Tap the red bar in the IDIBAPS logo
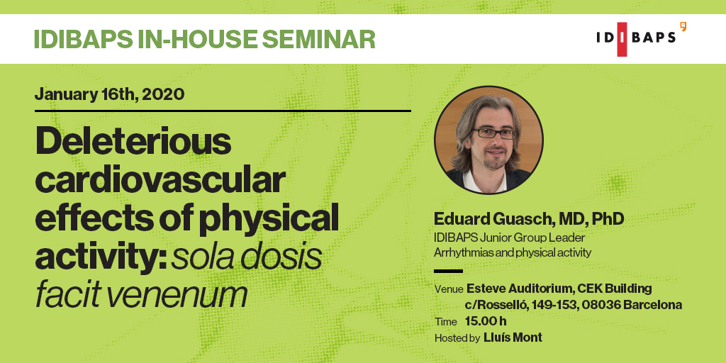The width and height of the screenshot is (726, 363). pyautogui.click(x=622, y=40)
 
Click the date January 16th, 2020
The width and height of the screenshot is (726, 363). pyautogui.click(x=109, y=94)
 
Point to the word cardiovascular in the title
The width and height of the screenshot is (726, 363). pyautogui.click(x=160, y=181)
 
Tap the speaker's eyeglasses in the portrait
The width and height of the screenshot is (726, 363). pyautogui.click(x=494, y=134)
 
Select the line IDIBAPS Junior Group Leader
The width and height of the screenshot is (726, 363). pyautogui.click(x=509, y=238)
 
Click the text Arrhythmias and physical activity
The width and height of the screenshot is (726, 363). pyautogui.click(x=513, y=253)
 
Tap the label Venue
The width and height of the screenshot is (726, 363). pyautogui.click(x=449, y=289)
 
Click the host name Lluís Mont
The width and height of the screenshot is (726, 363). pyautogui.click(x=513, y=337)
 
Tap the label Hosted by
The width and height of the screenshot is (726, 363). pyautogui.click(x=457, y=338)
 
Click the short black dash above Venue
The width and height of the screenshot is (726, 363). pyautogui.click(x=448, y=272)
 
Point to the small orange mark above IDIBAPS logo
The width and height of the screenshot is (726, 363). pyautogui.click(x=683, y=26)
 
